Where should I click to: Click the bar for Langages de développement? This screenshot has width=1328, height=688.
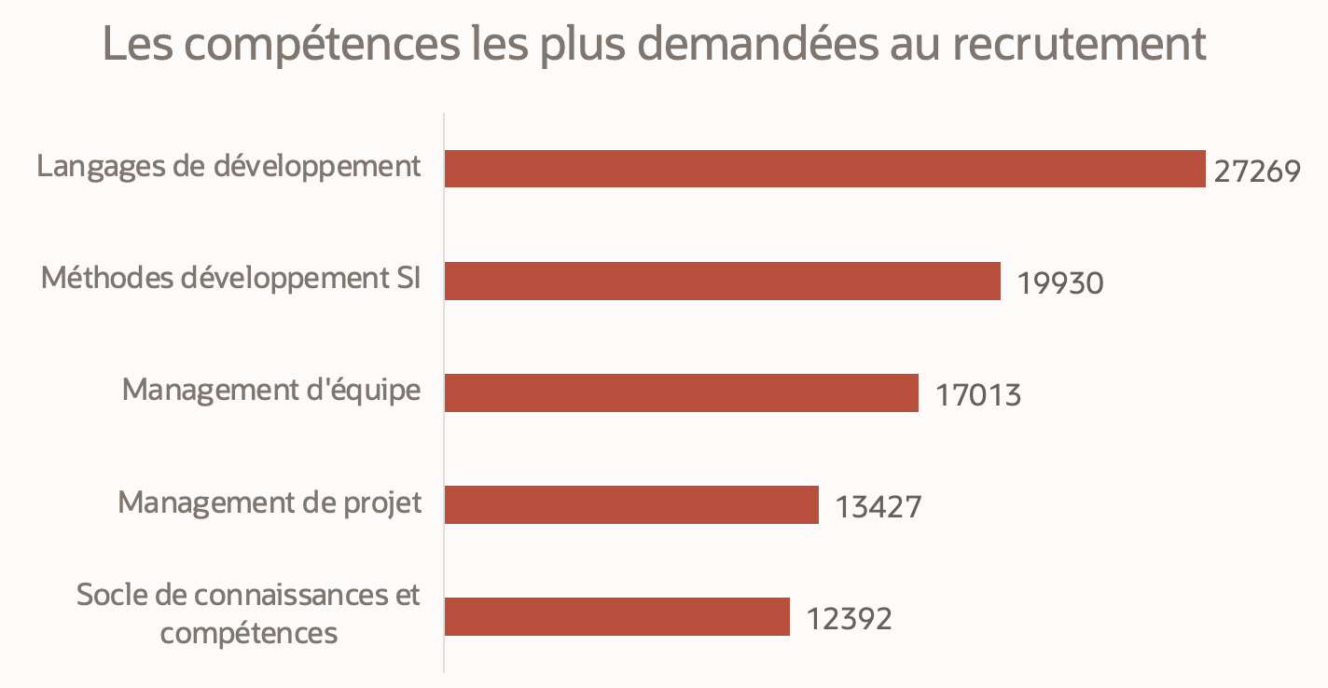[824, 169]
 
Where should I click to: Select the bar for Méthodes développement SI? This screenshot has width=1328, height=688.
[722, 281]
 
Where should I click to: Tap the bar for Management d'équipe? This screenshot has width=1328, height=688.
[681, 392]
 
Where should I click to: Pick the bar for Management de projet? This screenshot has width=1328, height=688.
[631, 504]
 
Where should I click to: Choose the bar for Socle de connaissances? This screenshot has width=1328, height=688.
[616, 616]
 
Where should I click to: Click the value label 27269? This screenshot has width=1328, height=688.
[1257, 172]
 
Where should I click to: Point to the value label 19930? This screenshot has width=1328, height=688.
[1060, 283]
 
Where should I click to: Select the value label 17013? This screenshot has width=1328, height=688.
[978, 395]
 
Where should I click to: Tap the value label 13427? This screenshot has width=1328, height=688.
[878, 507]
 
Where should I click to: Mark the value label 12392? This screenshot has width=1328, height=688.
[850, 619]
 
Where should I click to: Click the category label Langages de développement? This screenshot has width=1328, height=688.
[229, 168]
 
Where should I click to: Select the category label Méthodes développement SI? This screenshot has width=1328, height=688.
[231, 279]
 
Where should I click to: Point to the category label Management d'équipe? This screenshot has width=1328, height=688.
[271, 391]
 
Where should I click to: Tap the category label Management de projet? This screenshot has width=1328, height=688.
[270, 502]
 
